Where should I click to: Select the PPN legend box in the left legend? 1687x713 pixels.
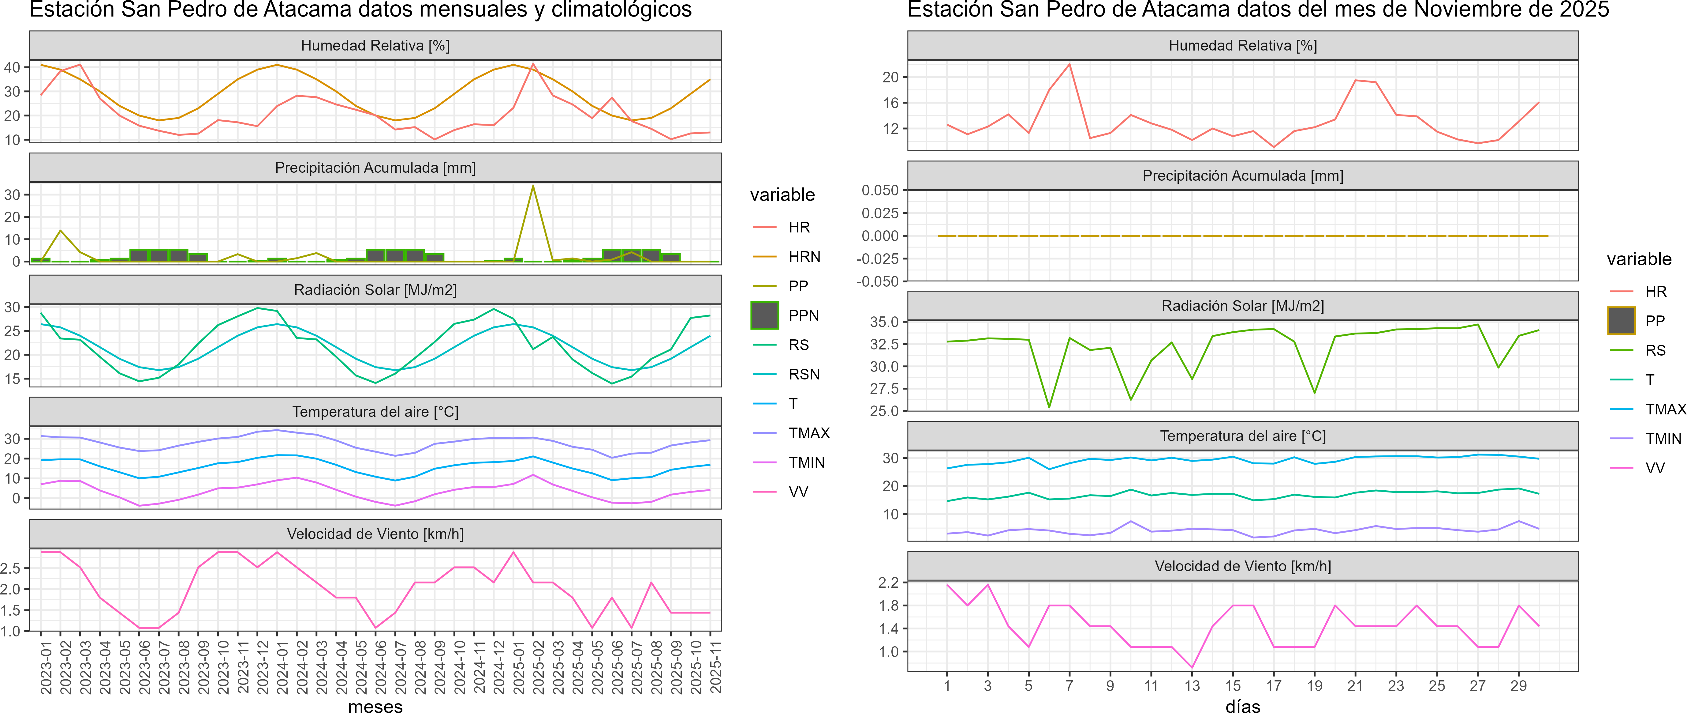(x=764, y=315)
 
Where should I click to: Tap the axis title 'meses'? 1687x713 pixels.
(x=375, y=706)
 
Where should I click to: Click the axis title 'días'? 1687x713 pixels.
(x=1242, y=706)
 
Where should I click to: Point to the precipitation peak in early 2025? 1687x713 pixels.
(x=533, y=186)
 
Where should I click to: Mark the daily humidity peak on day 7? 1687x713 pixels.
(x=1069, y=64)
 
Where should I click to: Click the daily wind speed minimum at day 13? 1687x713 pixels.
(x=1192, y=667)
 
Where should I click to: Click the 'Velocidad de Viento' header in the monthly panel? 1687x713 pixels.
(x=375, y=534)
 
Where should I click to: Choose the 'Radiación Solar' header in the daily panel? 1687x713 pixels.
(x=1242, y=306)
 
